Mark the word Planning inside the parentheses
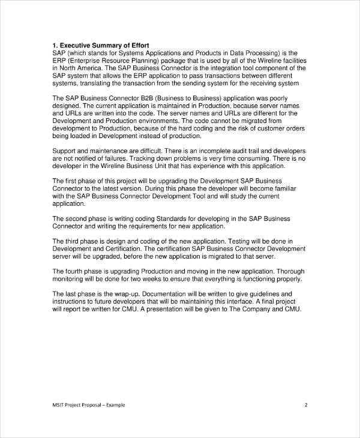click(156, 60)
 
